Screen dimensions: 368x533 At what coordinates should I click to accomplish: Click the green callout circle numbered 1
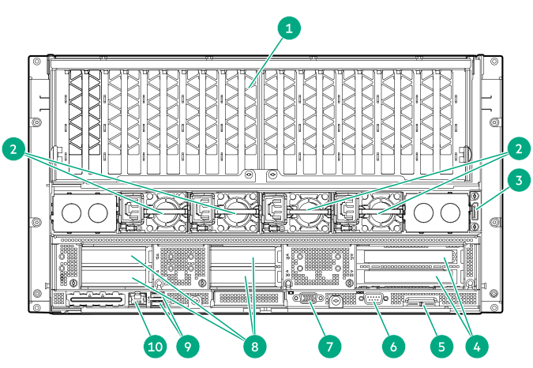291,28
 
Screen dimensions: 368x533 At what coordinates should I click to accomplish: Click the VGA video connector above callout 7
308,299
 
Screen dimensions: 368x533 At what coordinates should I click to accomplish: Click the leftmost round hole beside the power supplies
70,212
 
